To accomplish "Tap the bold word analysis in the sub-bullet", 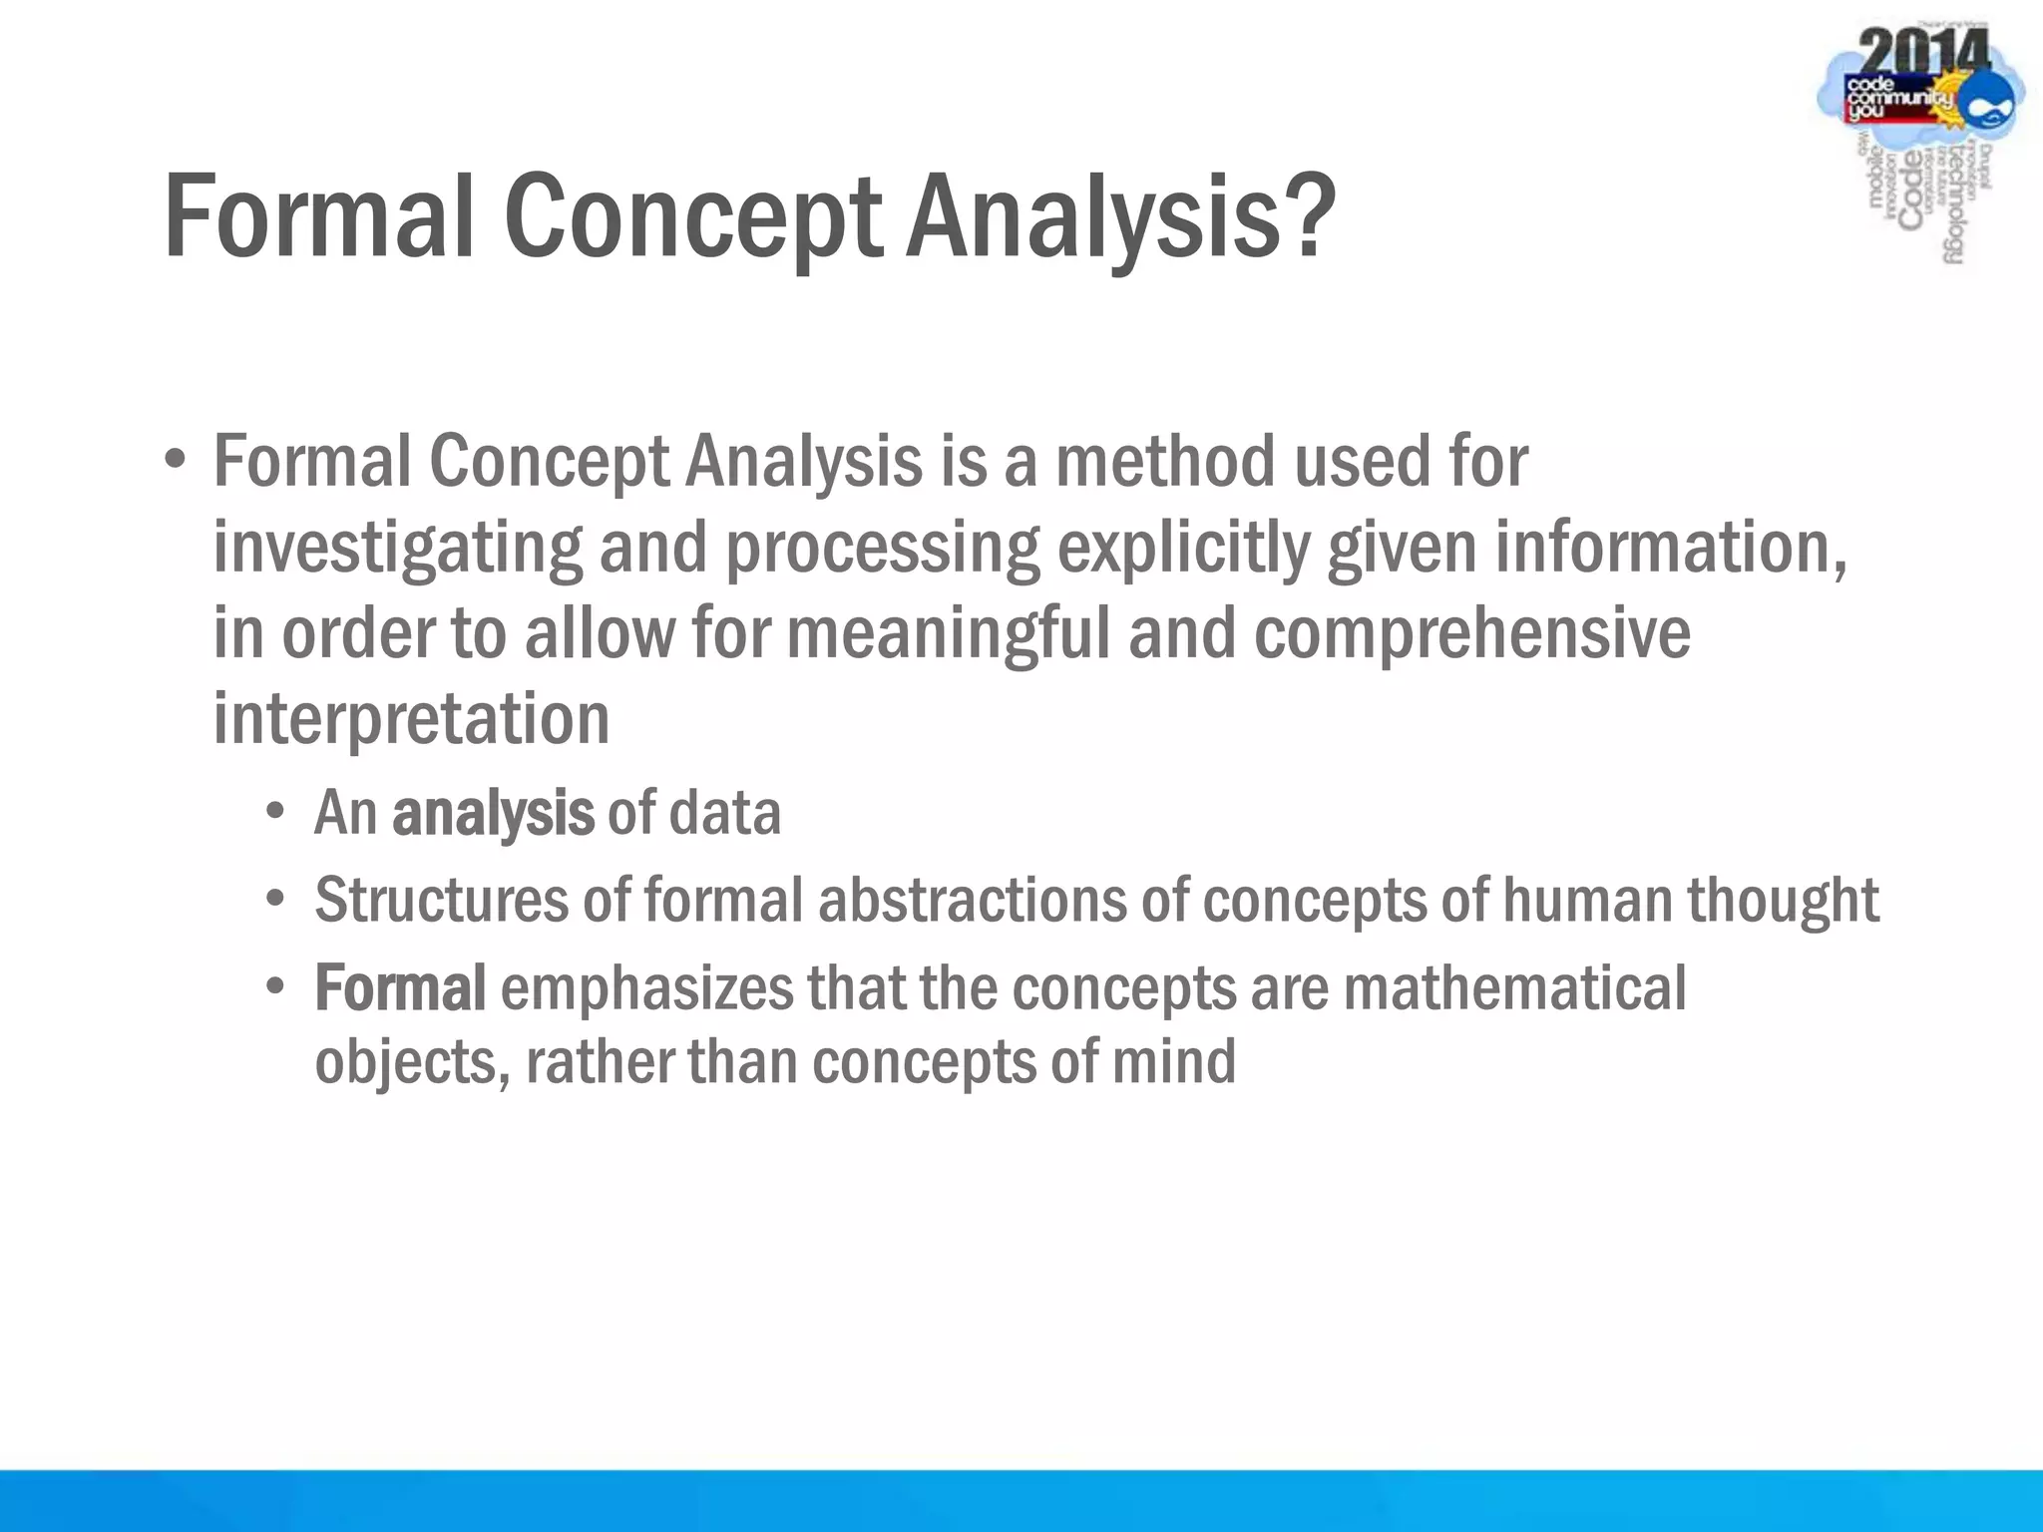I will point(493,814).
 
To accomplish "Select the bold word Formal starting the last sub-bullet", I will point(400,988).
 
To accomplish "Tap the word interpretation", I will point(411,719).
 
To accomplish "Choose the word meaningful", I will point(949,634).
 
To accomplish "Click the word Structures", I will point(442,901).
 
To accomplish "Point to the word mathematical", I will point(1514,988).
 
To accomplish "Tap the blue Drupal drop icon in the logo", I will point(1990,105).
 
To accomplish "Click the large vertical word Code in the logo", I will point(1910,191).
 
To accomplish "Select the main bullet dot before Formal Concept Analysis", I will point(176,461).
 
